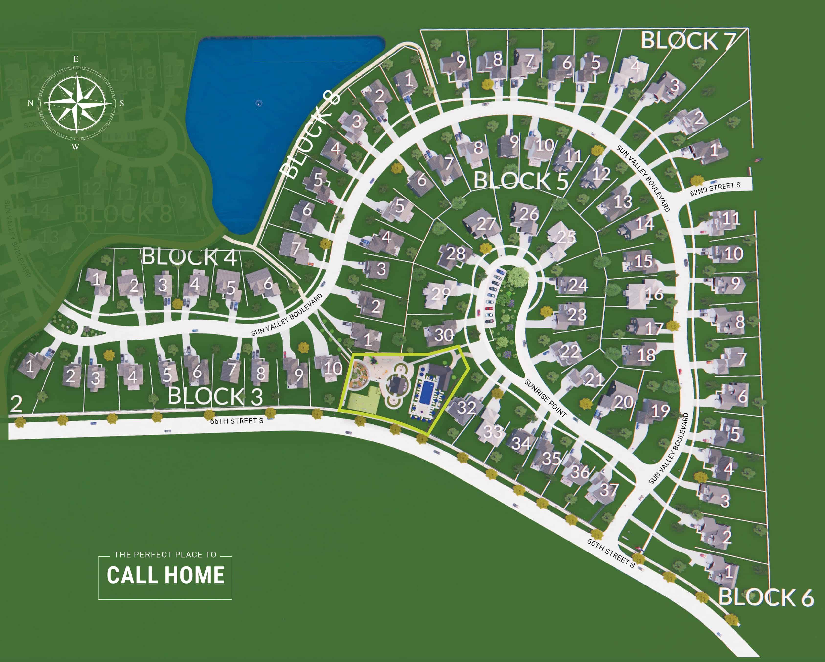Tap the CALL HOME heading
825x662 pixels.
[x=165, y=575]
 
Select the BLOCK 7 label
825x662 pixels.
[x=688, y=41]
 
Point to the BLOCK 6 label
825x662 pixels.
[x=766, y=597]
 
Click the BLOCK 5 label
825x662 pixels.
[x=520, y=181]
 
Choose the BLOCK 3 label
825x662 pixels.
[x=215, y=396]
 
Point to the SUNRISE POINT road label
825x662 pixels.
[x=545, y=398]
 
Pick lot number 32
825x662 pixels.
[x=466, y=408]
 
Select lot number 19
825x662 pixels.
[x=660, y=411]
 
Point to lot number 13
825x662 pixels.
[x=623, y=201]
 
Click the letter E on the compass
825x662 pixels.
[x=76, y=59]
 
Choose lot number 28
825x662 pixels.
[x=456, y=253]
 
